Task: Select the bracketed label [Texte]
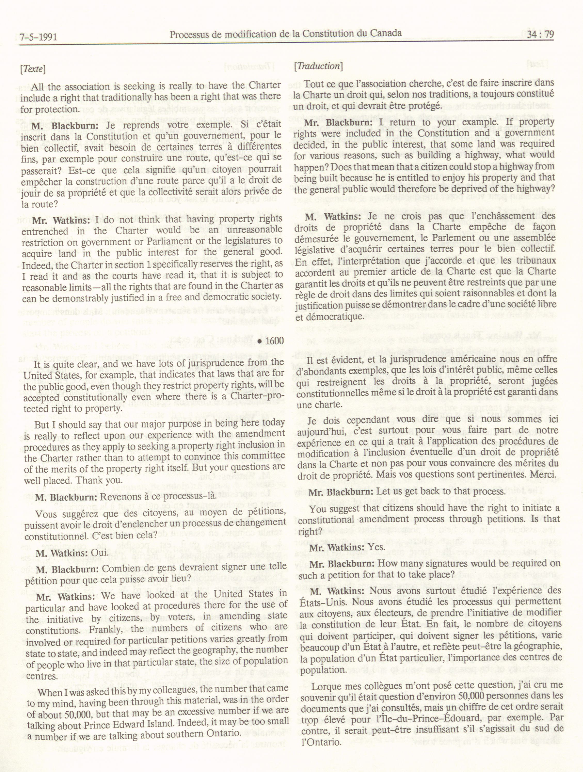[33, 69]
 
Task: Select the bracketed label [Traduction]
[318, 66]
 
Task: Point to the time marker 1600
[274, 341]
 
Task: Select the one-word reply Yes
[376, 547]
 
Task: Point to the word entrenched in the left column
[45, 231]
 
